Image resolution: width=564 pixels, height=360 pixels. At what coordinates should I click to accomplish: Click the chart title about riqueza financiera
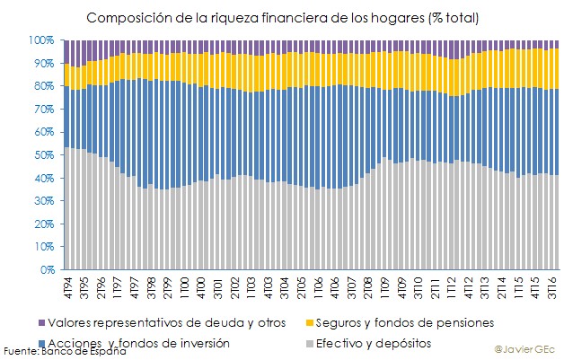click(x=282, y=18)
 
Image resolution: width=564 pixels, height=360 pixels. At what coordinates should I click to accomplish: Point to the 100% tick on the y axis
click(x=44, y=40)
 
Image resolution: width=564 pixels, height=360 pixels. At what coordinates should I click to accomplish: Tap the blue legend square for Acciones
click(x=42, y=343)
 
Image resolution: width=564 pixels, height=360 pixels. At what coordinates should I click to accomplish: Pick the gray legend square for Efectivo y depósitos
click(x=313, y=343)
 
